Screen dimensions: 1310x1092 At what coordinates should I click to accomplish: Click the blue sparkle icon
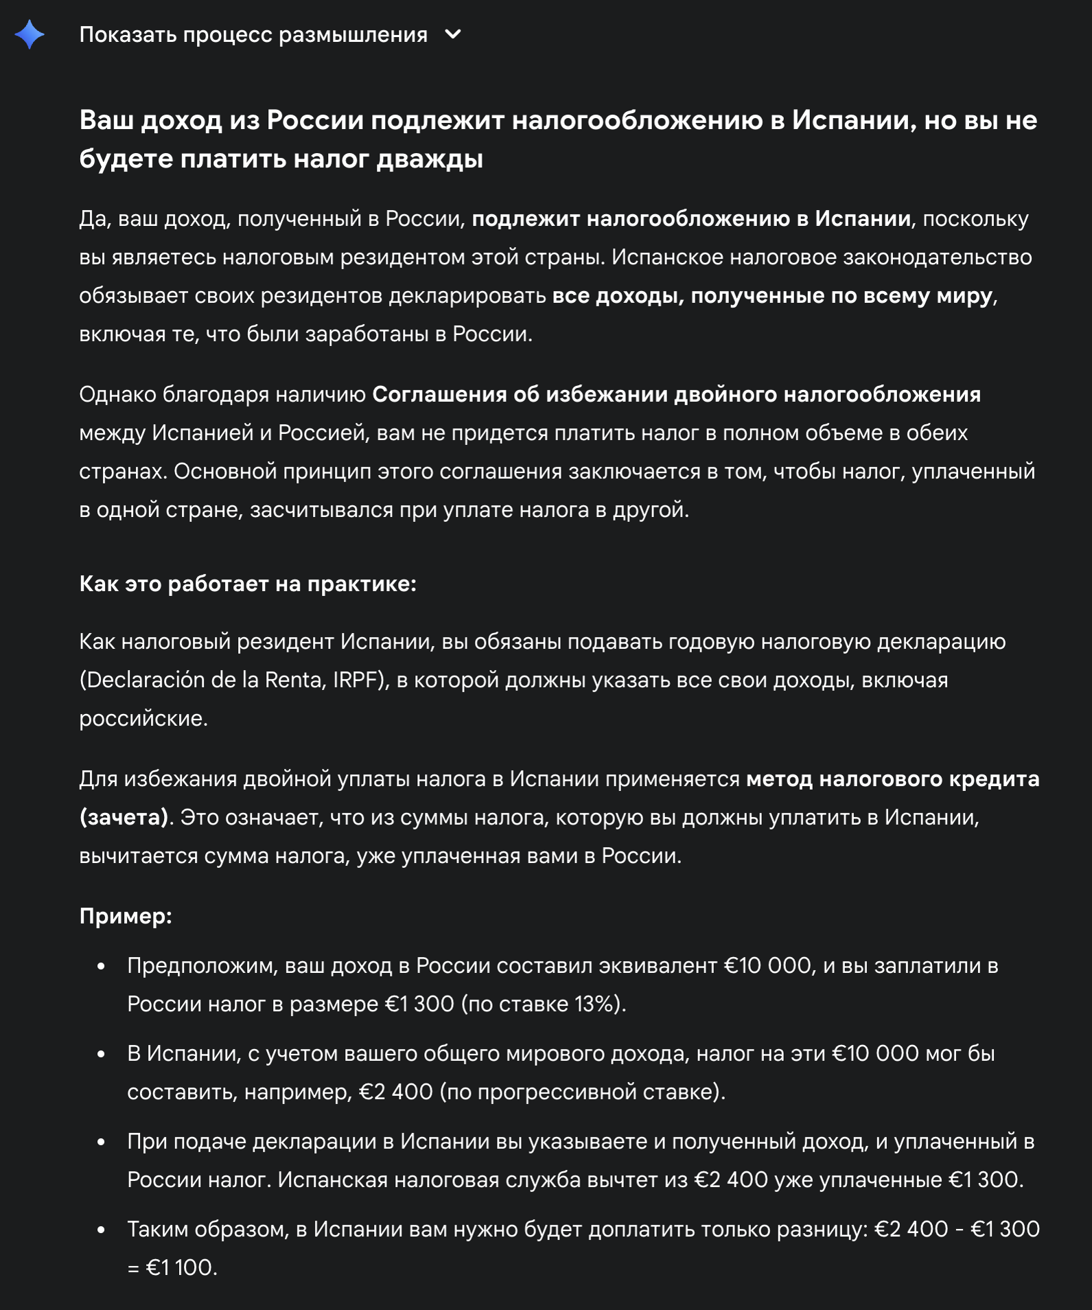[x=30, y=34]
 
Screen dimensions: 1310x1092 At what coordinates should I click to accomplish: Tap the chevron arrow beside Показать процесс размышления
[x=453, y=34]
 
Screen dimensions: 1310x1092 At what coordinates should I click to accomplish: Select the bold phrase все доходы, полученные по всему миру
[x=772, y=296]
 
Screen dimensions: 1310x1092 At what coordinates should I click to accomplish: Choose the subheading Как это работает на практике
[x=248, y=584]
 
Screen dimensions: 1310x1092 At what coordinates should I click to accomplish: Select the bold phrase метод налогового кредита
[x=892, y=779]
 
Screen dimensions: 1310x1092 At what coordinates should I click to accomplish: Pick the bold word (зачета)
[x=124, y=818]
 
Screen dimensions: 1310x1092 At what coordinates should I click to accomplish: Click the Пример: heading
[x=126, y=917]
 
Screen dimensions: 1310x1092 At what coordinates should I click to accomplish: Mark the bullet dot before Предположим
[x=101, y=967]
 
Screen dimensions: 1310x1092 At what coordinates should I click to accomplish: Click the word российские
[x=143, y=719]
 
